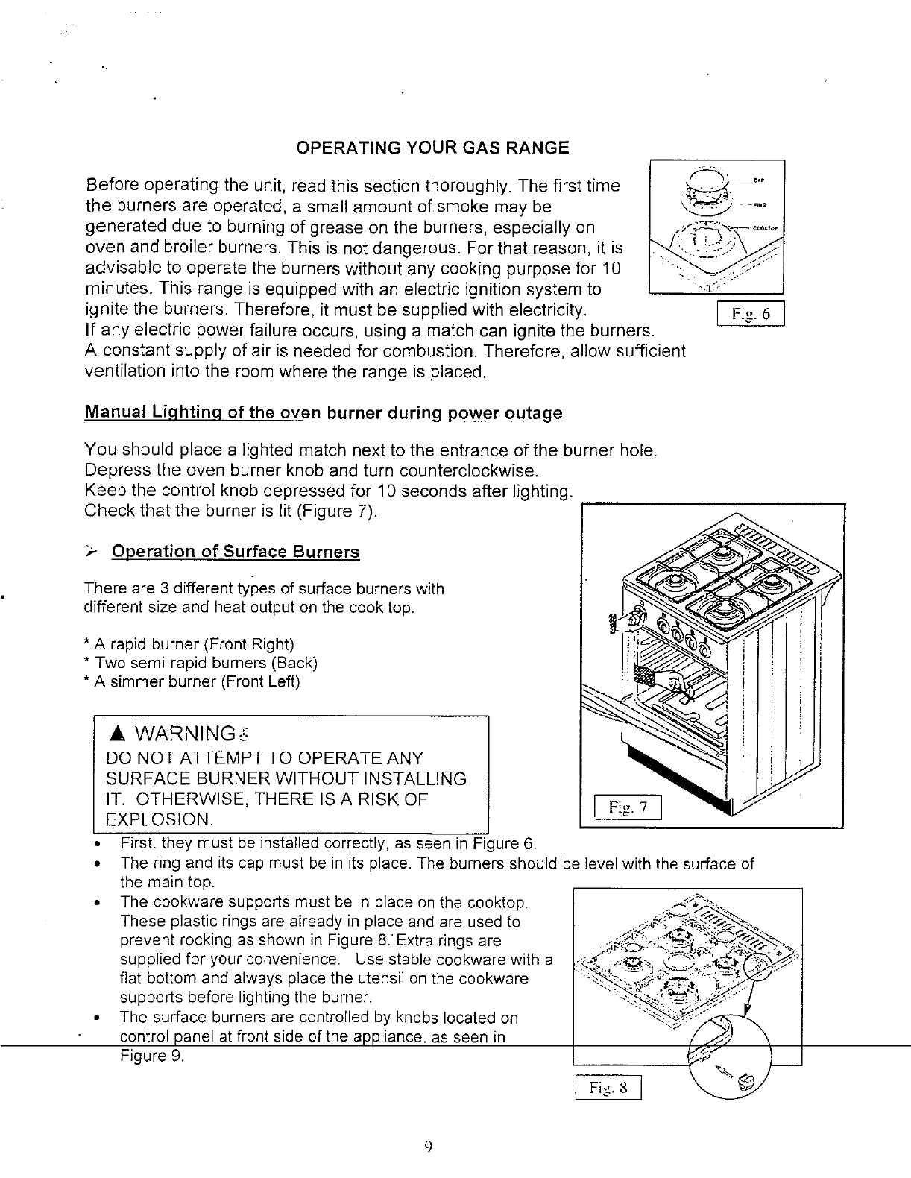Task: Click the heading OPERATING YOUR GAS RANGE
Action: point(432,148)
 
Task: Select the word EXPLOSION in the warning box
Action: point(160,820)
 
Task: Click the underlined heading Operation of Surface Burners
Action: point(235,552)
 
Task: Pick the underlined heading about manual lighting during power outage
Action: point(324,413)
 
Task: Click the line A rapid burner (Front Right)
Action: point(191,644)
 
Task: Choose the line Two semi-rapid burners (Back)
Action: point(202,663)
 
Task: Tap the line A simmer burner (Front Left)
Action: point(193,681)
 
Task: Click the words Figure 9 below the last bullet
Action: point(151,1056)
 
